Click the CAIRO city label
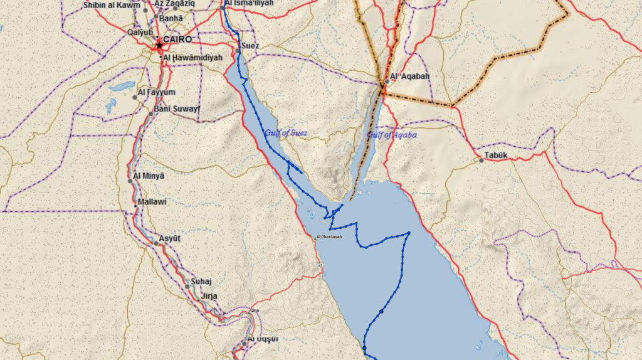177,39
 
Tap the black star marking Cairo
159,45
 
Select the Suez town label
250,46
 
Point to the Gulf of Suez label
286,132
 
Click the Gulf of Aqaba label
392,134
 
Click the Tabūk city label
495,155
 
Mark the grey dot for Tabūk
481,161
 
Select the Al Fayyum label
156,92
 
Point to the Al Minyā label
149,176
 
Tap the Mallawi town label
152,202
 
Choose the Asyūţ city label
169,239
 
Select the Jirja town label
209,295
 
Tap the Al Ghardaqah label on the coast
329,237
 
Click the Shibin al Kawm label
112,5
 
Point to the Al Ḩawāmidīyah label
192,58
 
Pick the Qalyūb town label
140,32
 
